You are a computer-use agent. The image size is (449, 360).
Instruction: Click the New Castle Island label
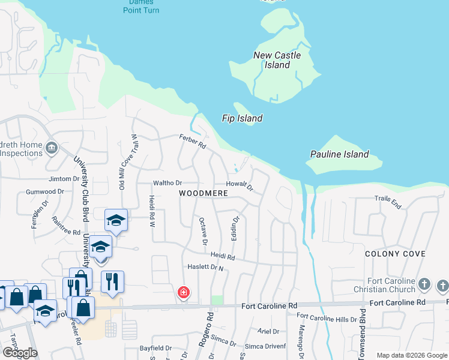[x=277, y=60]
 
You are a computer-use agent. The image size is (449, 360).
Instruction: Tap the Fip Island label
[x=242, y=118]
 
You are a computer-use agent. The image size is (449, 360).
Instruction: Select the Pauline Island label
[x=339, y=154]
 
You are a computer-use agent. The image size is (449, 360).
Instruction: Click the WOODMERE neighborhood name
[x=203, y=193]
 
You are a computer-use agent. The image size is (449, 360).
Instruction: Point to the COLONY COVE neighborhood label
[x=396, y=254]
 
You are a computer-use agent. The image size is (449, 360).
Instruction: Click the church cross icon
[x=424, y=283]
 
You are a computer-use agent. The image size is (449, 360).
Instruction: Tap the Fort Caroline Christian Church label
[x=392, y=285]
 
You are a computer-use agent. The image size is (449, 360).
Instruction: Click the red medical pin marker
[x=183, y=293]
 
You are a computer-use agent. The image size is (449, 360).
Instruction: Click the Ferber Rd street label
[x=193, y=142]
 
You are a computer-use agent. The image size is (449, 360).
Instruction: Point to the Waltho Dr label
[x=167, y=182]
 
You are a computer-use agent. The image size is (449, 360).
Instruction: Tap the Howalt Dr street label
[x=240, y=185]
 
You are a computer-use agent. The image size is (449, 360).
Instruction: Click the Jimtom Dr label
[x=64, y=179]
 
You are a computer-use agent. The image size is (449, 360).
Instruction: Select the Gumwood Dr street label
[x=45, y=191]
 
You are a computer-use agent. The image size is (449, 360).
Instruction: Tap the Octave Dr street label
[x=203, y=231]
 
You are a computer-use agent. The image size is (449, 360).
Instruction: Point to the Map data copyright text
[x=411, y=355]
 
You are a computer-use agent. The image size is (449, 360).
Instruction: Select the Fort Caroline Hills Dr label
[x=327, y=319]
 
